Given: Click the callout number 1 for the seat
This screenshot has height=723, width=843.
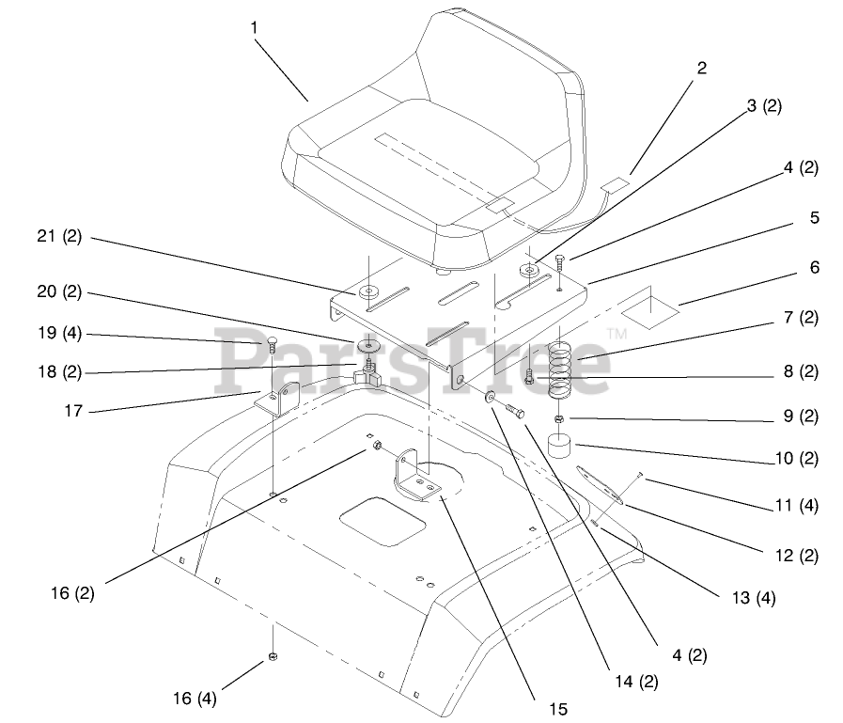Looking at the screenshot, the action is [254, 27].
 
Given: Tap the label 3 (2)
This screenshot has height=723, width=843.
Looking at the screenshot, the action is [764, 106].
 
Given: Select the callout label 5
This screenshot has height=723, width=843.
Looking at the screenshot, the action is [814, 217].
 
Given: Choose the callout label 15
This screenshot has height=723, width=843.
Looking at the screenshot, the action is [558, 709].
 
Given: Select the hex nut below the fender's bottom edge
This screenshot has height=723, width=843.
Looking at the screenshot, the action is [273, 656].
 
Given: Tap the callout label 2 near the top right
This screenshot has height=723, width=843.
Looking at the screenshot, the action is [701, 68].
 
